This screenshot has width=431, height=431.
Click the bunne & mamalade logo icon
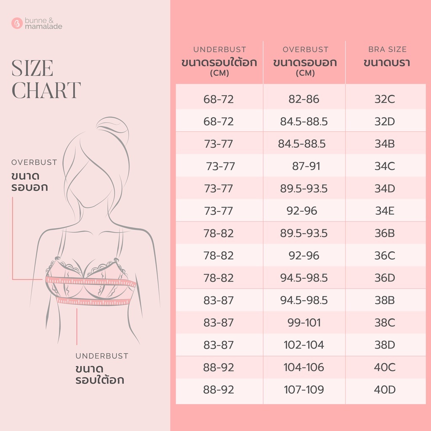[x=17, y=24]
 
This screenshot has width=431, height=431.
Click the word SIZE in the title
[x=32, y=68]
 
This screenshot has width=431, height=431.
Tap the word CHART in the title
[x=46, y=90]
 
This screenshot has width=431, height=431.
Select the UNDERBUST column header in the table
[x=219, y=50]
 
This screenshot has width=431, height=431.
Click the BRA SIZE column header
[x=387, y=49]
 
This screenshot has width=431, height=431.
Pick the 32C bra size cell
[x=385, y=99]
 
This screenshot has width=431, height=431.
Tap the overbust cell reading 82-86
[x=304, y=99]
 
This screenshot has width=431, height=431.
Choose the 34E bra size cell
[x=385, y=211]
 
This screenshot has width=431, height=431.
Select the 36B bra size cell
[x=385, y=233]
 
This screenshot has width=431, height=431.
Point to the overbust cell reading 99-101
[x=304, y=322]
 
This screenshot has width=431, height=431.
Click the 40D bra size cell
[x=385, y=389]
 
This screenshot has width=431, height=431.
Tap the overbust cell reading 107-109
[x=304, y=389]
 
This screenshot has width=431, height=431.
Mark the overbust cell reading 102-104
[x=304, y=345]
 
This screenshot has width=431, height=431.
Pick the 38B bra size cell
[x=385, y=300]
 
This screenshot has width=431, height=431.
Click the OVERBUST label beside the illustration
[x=34, y=162]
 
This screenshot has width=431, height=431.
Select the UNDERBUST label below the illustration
[x=102, y=356]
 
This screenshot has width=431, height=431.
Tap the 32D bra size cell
[x=385, y=121]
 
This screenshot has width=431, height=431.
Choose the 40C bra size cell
[x=385, y=367]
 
